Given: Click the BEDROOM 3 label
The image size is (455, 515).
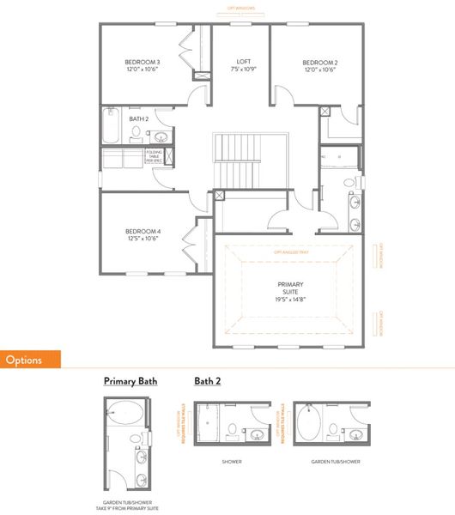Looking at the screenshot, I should [141, 62].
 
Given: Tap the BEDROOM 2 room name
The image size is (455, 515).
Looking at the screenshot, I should [319, 63].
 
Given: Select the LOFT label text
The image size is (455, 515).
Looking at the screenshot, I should [244, 62].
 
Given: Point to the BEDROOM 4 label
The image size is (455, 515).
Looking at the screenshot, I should [141, 232].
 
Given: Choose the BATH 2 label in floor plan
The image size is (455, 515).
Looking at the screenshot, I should [140, 118].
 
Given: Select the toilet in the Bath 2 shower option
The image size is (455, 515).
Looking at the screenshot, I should [233, 428].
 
